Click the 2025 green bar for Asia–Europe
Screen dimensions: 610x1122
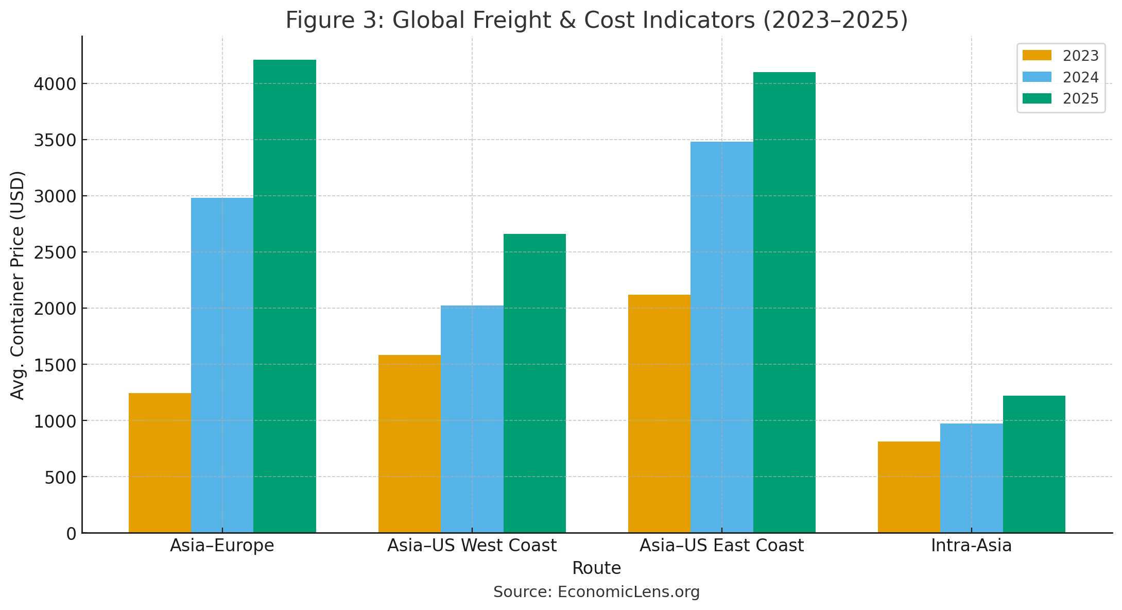(x=284, y=296)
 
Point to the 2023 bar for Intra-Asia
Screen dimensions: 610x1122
(x=909, y=487)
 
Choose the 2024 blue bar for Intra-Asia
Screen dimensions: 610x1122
(x=971, y=478)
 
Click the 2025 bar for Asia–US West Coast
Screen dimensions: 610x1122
(x=534, y=383)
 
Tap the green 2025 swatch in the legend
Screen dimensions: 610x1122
(x=1037, y=98)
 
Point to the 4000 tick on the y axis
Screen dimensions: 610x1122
(x=55, y=83)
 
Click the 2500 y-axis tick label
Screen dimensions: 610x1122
(x=55, y=252)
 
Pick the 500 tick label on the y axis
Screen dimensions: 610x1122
(x=60, y=477)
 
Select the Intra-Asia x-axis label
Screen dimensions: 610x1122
(x=971, y=545)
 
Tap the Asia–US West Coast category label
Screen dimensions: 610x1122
(x=472, y=545)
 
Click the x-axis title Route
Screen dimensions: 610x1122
(x=596, y=568)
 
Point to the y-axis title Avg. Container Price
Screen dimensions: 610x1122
(x=18, y=284)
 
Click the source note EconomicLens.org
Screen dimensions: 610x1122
(x=596, y=592)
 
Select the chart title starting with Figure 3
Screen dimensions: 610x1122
(x=596, y=20)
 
